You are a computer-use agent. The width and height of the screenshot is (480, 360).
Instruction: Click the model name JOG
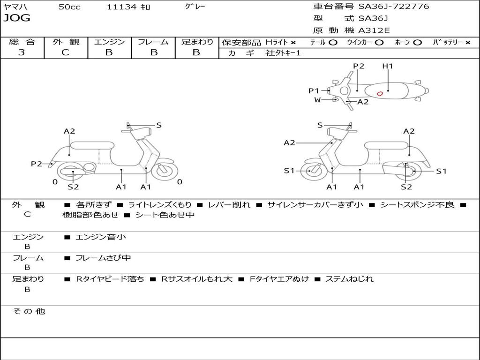16,18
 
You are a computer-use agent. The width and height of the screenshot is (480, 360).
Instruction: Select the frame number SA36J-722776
394,7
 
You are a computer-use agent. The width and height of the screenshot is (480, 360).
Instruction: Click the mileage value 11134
121,7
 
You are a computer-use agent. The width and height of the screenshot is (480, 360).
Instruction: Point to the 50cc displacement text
69,7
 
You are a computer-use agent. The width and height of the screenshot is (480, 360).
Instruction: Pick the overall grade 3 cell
22,52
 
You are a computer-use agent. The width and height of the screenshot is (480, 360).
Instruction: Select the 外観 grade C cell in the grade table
66,52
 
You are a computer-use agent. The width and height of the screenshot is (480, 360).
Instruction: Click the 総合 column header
22,42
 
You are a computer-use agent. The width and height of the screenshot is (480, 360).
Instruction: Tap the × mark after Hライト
293,43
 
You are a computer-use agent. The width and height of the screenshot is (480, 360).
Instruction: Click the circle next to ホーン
417,43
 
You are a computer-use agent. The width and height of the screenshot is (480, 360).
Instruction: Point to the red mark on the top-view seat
380,93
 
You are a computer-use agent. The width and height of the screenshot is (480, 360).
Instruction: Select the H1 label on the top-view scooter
387,66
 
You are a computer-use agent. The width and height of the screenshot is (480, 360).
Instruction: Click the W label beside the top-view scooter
317,99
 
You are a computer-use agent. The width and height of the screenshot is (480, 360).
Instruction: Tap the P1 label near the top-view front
314,91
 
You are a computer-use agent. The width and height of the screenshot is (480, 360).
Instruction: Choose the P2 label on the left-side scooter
37,164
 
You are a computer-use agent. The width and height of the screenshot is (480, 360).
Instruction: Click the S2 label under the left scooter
73,187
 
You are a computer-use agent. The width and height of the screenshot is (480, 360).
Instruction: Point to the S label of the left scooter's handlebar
159,125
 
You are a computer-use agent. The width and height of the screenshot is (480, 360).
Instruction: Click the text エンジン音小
100,237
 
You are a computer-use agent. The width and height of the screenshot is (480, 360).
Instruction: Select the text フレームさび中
103,258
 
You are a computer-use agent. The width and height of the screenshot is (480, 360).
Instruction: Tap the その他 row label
29,311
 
